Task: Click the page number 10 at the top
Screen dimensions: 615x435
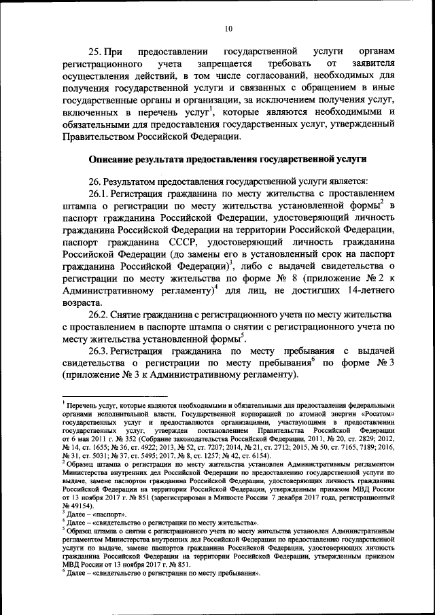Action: point(228,28)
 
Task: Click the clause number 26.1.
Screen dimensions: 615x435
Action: point(99,192)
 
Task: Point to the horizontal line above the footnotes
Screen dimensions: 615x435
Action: point(102,398)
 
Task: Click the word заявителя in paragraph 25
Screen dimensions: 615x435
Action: point(369,65)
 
